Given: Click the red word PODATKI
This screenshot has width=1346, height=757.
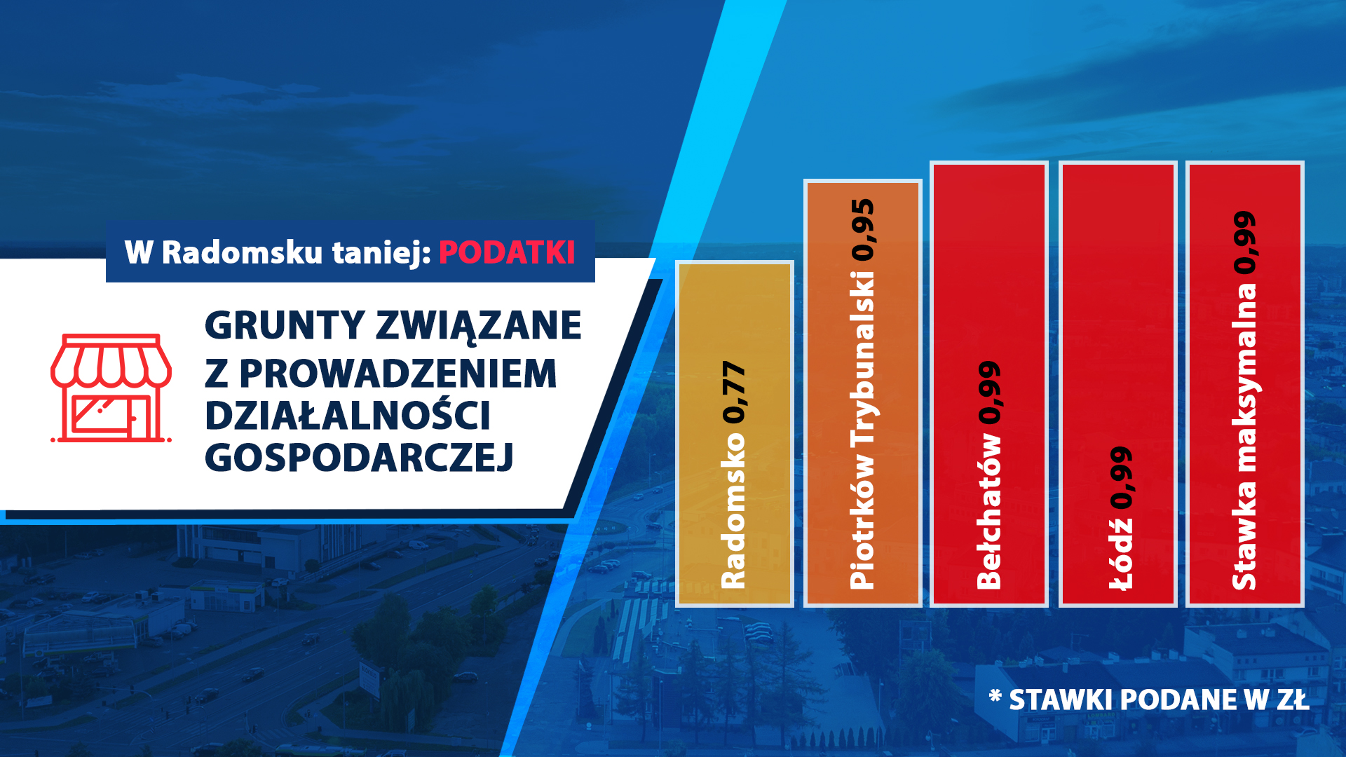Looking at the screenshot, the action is [x=507, y=252].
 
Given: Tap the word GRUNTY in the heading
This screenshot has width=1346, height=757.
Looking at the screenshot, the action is [x=285, y=325].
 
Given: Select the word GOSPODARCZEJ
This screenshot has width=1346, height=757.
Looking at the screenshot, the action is [x=359, y=458].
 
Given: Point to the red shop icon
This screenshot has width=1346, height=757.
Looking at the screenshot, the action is [x=111, y=388].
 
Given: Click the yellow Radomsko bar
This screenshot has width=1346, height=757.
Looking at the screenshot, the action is [x=735, y=434].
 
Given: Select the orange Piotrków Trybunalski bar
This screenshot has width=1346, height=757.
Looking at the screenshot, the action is [x=862, y=393].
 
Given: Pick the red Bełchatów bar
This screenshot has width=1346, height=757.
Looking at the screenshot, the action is [x=989, y=384].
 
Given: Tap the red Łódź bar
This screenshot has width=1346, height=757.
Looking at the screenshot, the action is [x=1117, y=384].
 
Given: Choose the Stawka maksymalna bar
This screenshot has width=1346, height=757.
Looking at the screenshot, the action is [x=1245, y=384].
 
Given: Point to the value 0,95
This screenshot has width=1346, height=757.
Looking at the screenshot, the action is [x=862, y=230].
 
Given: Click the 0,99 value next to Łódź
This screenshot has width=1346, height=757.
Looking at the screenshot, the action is [x=1120, y=478].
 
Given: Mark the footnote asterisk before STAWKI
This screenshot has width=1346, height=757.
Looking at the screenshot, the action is [x=995, y=695].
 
